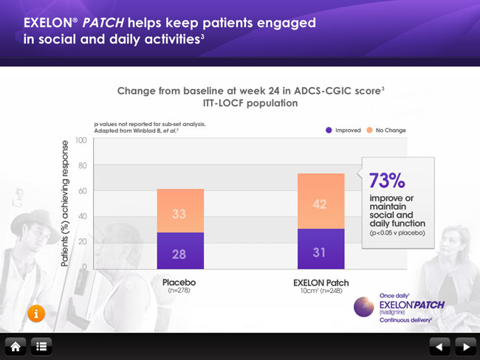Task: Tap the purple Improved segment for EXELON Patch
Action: (320, 249)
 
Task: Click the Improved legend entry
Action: (342, 130)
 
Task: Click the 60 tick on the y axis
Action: (82, 190)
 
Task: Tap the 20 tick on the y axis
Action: (82, 241)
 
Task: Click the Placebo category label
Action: (179, 282)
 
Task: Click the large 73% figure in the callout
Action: (387, 181)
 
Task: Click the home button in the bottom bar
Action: (16, 345)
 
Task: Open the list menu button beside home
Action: (41, 345)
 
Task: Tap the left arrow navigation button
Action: (439, 345)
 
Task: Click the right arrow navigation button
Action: (464, 345)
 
